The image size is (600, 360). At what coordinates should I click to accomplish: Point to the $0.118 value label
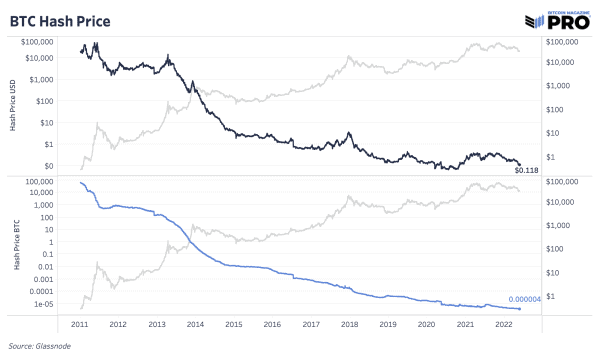[526, 171]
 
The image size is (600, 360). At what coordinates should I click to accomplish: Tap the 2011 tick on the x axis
[79, 324]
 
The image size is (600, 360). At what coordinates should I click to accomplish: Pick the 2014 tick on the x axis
[196, 324]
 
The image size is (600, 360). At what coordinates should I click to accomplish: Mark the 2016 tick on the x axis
[273, 324]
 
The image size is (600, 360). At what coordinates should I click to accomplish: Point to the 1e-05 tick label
[57, 304]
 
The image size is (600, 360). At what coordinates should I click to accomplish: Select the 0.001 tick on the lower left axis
[56, 279]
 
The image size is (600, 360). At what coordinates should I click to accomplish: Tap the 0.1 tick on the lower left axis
[60, 254]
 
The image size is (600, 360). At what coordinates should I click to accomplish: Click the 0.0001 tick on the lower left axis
[54, 291]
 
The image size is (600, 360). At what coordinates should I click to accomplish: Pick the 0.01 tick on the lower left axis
[58, 266]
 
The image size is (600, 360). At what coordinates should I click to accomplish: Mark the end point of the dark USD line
[519, 163]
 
